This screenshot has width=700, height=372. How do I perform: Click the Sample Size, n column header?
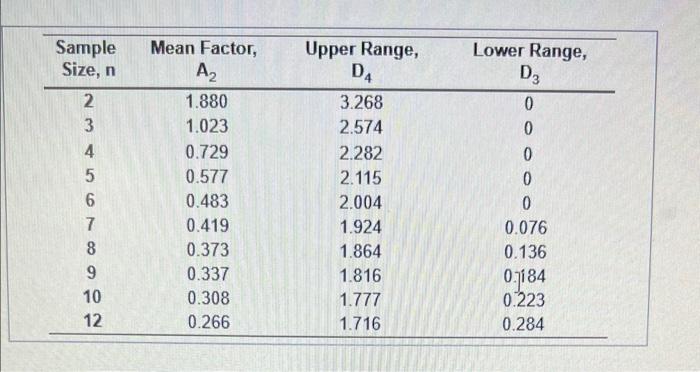85,60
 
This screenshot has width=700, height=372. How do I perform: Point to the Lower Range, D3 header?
529,60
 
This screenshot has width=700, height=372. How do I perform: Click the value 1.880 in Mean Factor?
207,103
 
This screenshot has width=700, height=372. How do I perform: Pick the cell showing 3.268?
360,103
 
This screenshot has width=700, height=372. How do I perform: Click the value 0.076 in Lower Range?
526,227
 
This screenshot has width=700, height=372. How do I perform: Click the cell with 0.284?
526,323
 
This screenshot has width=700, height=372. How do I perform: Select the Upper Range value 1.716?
360,322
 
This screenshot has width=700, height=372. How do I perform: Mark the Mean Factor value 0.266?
207,322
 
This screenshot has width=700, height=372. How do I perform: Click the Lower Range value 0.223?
526,299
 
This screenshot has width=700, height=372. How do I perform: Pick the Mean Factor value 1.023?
207,128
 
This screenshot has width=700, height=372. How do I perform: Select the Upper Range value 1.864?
360,251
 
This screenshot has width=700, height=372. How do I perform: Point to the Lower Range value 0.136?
526,251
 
